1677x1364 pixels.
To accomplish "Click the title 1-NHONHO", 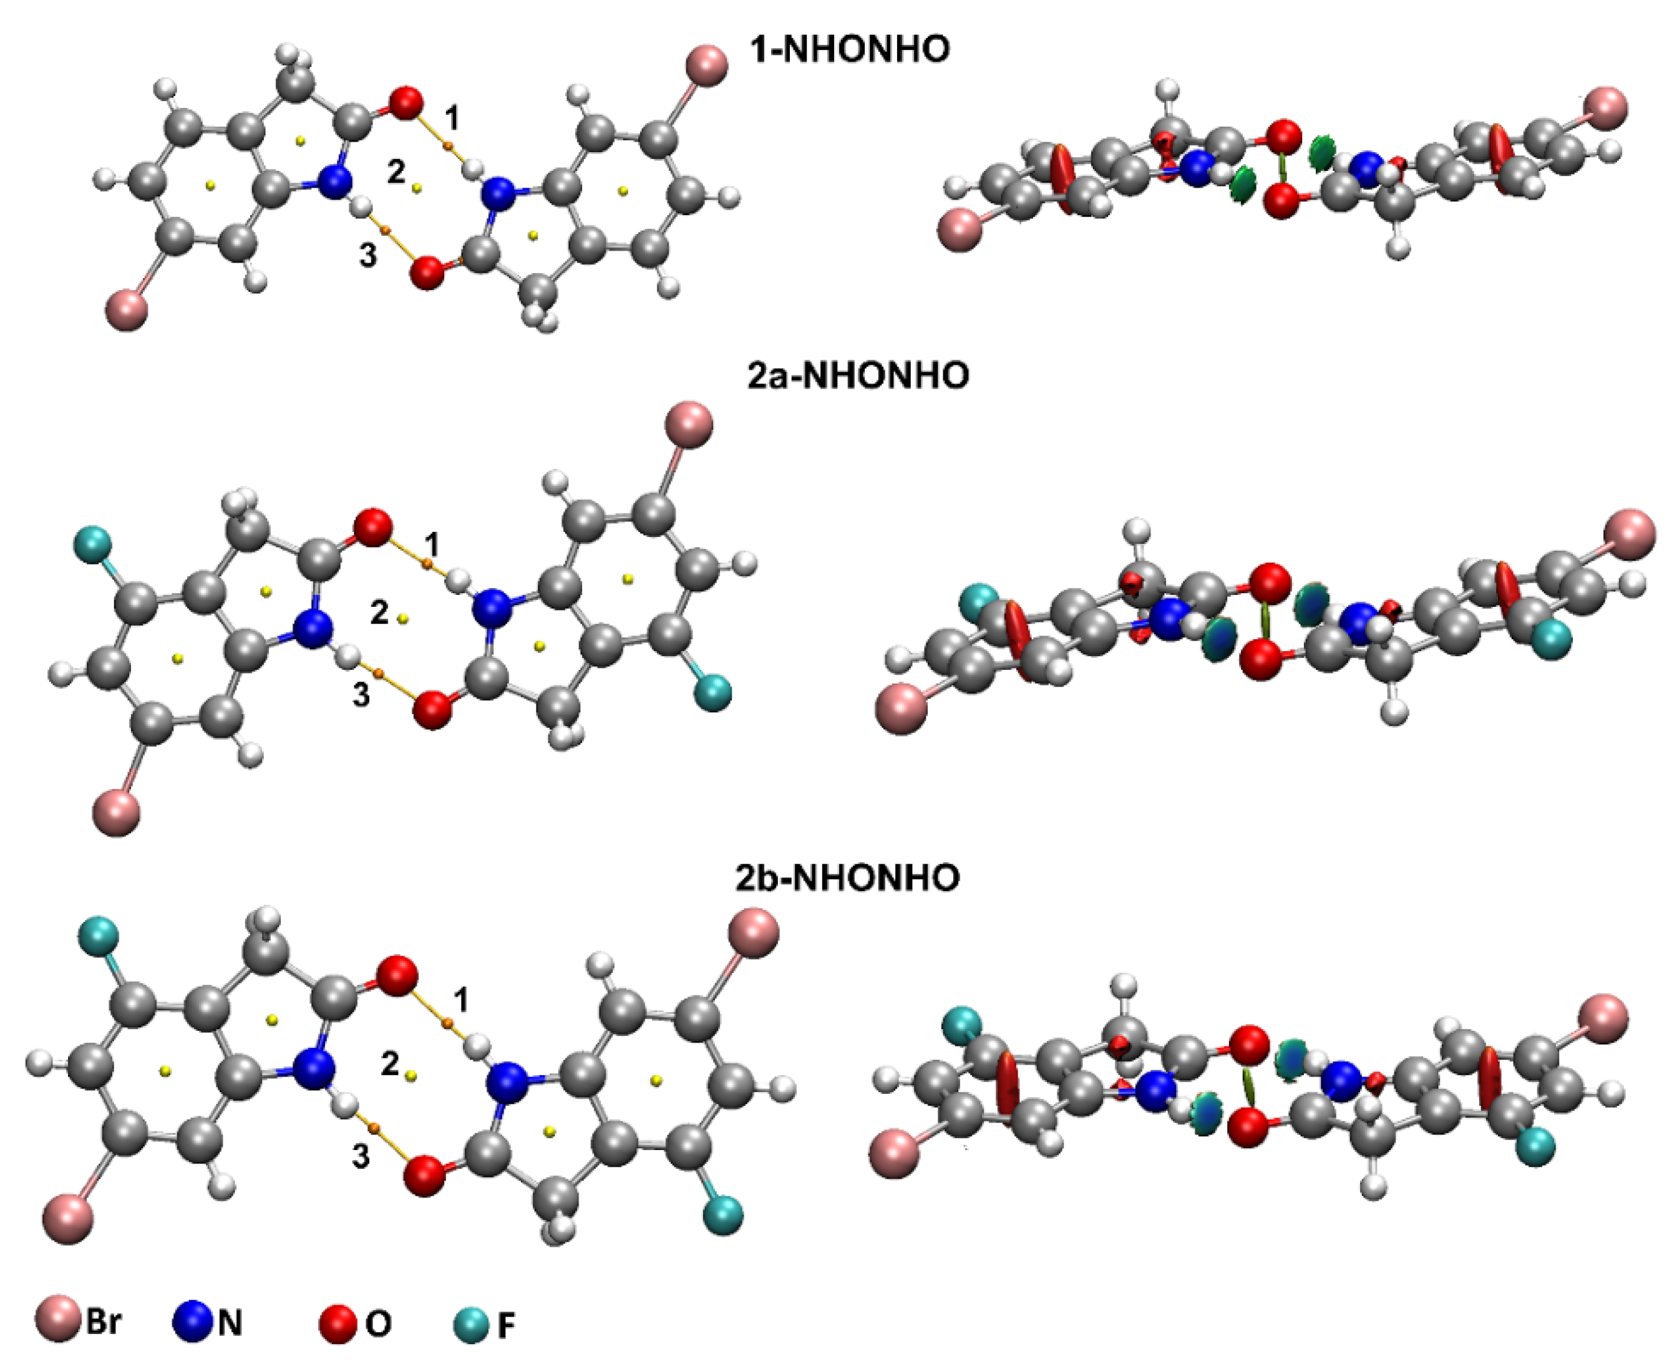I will point(850,49).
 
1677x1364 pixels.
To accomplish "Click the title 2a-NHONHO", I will point(858,375).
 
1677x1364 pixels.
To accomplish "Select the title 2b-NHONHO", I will point(848,877).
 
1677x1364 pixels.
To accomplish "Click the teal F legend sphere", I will point(472,1323).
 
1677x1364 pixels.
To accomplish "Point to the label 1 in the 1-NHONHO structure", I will point(451,119).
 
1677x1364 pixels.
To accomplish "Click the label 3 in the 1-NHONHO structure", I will point(367,254).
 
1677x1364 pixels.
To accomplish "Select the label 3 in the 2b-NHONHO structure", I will point(361,1156).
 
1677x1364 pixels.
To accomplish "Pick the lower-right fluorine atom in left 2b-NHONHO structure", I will point(723,1215).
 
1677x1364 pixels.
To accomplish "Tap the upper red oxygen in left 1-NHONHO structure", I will point(406,104).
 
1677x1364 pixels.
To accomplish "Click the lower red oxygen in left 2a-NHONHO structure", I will point(432,710).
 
